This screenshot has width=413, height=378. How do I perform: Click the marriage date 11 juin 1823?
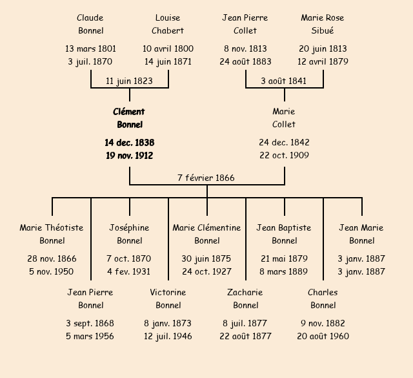[129, 81]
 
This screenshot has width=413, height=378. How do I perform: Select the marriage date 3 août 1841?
[284, 81]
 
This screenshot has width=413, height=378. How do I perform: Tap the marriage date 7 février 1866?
[206, 178]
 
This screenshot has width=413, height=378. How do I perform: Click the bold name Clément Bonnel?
[129, 118]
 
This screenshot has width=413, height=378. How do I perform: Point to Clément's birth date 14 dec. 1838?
[129, 142]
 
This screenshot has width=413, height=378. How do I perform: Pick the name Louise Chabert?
[168, 24]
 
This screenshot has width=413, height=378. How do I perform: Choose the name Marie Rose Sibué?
[323, 24]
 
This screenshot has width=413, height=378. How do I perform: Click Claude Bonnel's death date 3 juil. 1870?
[90, 62]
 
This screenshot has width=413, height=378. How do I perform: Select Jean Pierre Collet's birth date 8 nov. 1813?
[245, 48]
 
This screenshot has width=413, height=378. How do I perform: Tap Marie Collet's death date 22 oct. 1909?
[284, 155]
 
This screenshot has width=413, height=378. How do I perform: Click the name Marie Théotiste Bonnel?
[52, 234]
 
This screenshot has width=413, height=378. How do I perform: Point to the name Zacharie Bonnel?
[245, 299]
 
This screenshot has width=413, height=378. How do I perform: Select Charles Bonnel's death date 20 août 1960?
[323, 336]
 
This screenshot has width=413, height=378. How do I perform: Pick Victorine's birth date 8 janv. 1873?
[168, 323]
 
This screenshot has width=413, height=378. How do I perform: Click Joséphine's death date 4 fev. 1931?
[129, 271]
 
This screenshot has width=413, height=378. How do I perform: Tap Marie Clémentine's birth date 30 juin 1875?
[206, 258]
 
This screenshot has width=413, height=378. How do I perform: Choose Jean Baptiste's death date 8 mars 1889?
[284, 271]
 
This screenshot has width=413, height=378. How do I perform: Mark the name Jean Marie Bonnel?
[361, 234]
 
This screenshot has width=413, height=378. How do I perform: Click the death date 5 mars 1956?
[90, 336]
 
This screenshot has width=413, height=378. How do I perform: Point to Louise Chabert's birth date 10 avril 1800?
[168, 48]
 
